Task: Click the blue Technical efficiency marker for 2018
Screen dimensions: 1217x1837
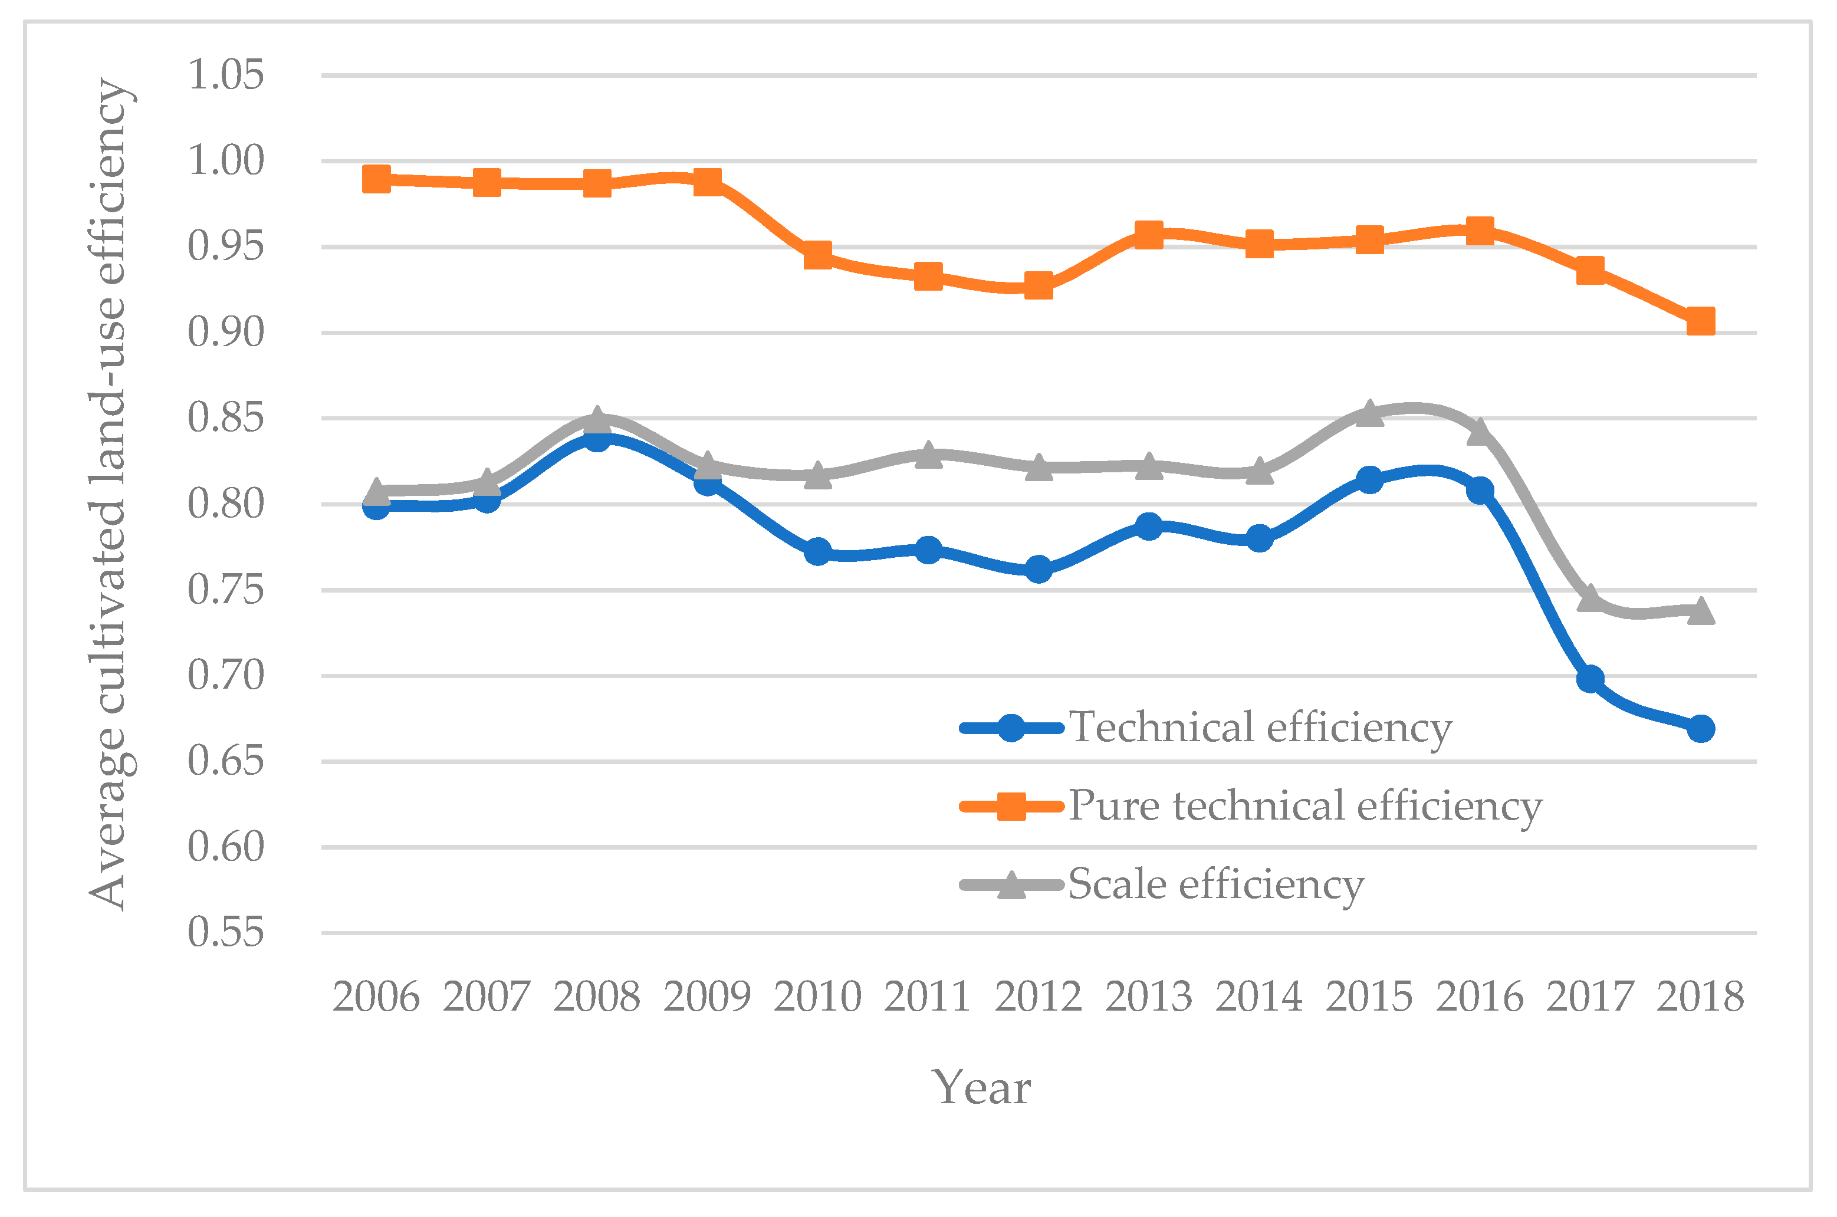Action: (1700, 729)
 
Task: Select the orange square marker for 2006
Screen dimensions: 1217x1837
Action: (376, 179)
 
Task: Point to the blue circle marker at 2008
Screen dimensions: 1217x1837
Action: (597, 440)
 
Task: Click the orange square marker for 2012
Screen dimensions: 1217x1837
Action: (1039, 285)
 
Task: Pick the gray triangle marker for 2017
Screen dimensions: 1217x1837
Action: (1590, 598)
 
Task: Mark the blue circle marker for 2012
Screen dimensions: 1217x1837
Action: (1039, 569)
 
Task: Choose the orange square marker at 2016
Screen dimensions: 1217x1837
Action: (1480, 231)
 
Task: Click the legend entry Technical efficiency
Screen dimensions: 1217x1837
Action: (1260, 727)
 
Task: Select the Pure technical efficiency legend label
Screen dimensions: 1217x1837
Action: (1304, 805)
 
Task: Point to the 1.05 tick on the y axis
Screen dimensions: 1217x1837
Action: (226, 75)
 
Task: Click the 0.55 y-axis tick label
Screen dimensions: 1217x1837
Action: (226, 932)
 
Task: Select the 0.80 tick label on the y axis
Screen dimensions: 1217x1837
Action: (226, 504)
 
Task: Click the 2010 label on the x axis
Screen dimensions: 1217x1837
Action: (817, 997)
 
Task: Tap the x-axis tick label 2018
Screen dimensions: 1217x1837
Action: (1700, 997)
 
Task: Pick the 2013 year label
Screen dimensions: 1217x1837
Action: (1149, 997)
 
